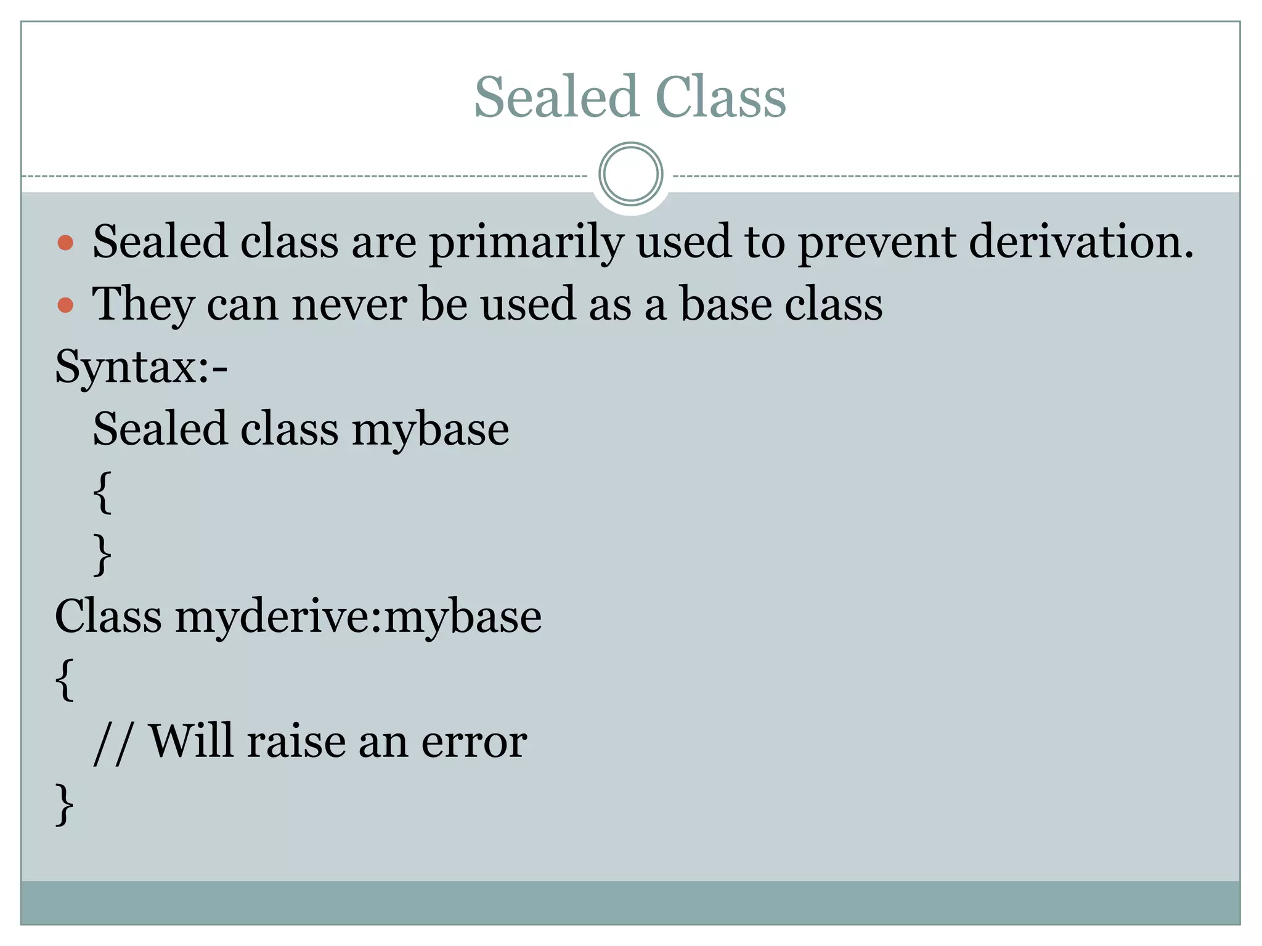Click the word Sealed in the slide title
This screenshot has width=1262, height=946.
pos(555,97)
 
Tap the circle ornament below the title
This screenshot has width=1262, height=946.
pos(630,174)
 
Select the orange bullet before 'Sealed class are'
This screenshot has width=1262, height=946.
pos(65,243)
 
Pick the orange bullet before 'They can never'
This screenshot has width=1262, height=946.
pos(65,305)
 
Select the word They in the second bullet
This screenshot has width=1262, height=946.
pos(143,304)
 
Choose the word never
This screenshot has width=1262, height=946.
pos(349,304)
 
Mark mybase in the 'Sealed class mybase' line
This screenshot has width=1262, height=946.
pos(430,430)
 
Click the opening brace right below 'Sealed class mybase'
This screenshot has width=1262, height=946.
pos(103,491)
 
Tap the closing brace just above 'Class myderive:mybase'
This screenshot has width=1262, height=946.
pos(103,554)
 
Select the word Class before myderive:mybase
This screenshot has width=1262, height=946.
pos(108,616)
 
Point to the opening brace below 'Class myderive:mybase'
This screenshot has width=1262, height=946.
pos(65,679)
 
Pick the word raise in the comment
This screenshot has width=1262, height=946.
pos(296,741)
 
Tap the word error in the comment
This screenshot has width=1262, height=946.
pos(474,742)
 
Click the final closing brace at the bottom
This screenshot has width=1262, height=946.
pos(65,804)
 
